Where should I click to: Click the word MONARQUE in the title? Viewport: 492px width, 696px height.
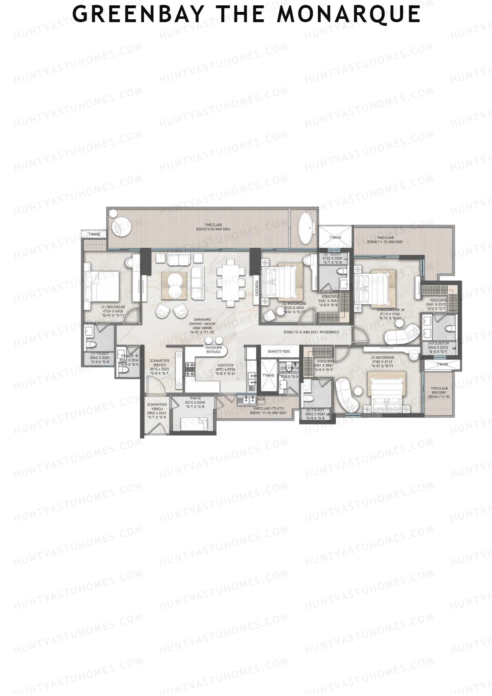click(348, 14)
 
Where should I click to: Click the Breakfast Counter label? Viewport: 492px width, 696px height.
click(214, 349)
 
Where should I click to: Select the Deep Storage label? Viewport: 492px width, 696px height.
click(279, 351)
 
